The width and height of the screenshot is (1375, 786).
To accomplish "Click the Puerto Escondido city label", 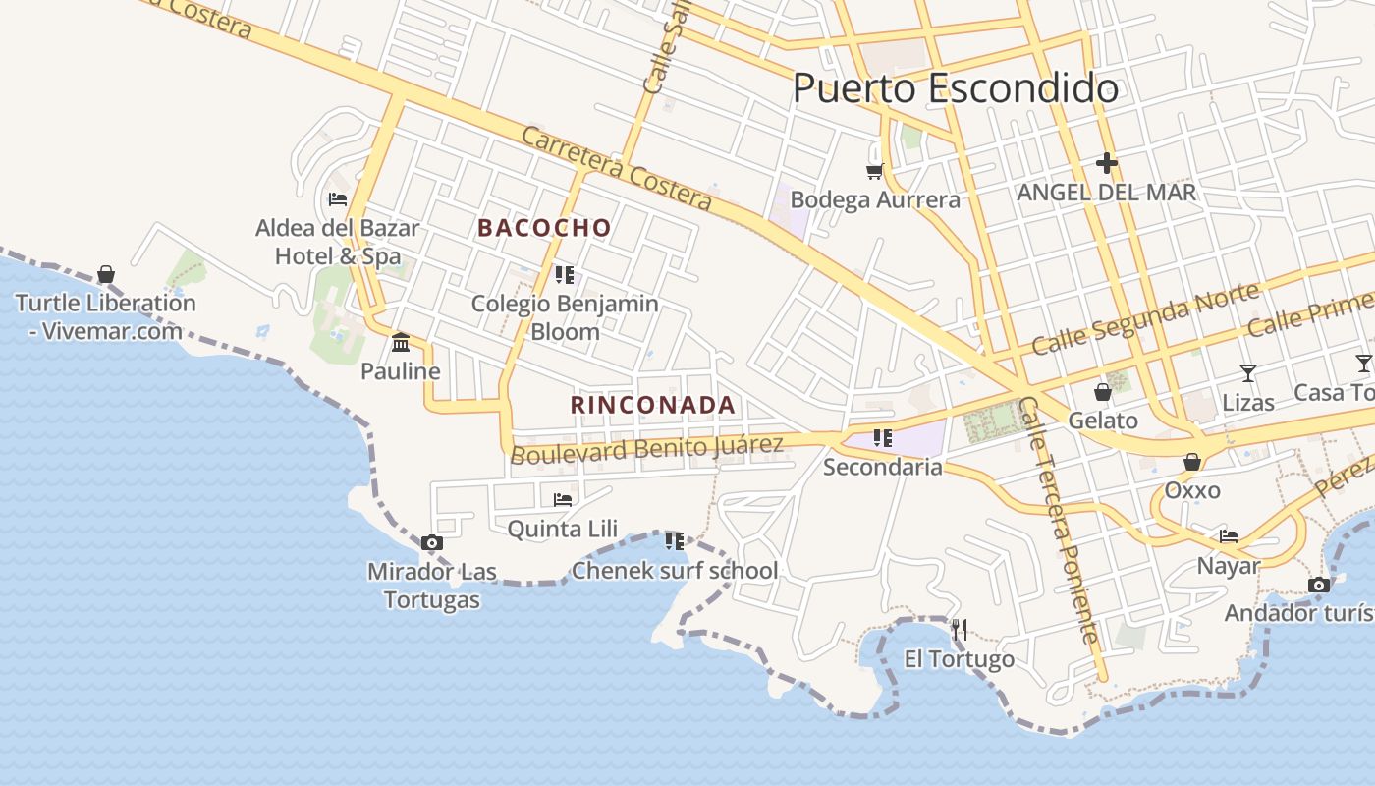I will coord(955,88).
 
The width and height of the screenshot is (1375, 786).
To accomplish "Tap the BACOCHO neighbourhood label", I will coord(544,228).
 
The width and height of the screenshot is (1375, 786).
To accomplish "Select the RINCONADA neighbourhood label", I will coord(653,405).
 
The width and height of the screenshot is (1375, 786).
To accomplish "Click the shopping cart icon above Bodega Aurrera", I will coord(874,172).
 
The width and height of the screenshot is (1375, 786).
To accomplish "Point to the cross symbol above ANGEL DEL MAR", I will coord(1107,163).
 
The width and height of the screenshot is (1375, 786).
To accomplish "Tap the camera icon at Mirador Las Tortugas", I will coord(431,542).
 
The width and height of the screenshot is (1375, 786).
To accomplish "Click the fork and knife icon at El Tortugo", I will coord(960,629).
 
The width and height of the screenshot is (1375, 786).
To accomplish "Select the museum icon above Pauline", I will coord(401,343).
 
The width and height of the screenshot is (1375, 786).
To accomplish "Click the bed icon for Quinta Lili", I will coord(563,499).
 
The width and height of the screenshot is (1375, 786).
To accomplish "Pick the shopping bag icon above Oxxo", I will coord(1192,462).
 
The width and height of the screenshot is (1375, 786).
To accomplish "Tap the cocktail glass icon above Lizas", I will coord(1247,372).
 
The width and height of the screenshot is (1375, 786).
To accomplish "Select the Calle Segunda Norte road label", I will coord(1145,318).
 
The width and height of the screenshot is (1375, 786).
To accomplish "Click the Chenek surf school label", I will coord(675,571).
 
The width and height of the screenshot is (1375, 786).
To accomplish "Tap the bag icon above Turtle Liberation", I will coord(106,274).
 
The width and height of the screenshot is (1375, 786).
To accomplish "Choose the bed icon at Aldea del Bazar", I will coord(338,199).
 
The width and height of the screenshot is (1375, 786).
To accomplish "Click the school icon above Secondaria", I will coord(882,438).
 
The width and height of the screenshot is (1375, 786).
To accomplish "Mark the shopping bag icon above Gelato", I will coord(1103,392).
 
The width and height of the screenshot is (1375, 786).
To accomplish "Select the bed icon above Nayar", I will coord(1228,536).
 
